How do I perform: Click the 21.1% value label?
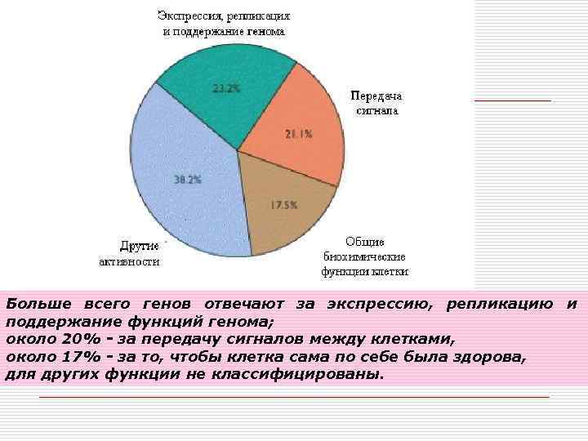(x=299, y=135)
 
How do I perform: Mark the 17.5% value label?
(x=284, y=205)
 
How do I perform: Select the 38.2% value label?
(x=187, y=180)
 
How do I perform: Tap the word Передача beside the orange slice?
(x=376, y=96)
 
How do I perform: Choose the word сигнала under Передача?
(x=376, y=110)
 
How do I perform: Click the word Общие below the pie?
(x=365, y=242)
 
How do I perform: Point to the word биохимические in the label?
(x=365, y=256)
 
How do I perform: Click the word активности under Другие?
(x=129, y=261)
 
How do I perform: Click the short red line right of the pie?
(x=512, y=100)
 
